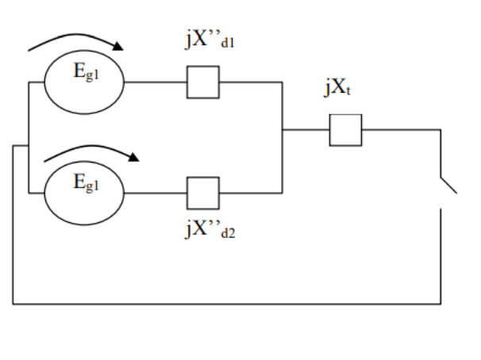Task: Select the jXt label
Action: [x=337, y=88]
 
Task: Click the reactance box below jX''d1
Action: [x=203, y=82]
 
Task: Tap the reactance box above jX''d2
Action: [x=203, y=192]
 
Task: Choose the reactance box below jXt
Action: [x=346, y=129]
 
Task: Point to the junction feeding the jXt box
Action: [x=283, y=129]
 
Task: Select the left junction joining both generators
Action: [x=28, y=146]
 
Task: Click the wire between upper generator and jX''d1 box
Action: [x=155, y=82]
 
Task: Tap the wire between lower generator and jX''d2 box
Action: [x=155, y=192]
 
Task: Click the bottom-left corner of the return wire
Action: [x=13, y=303]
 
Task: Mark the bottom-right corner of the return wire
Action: [x=441, y=303]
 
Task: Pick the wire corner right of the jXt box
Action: [x=441, y=129]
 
